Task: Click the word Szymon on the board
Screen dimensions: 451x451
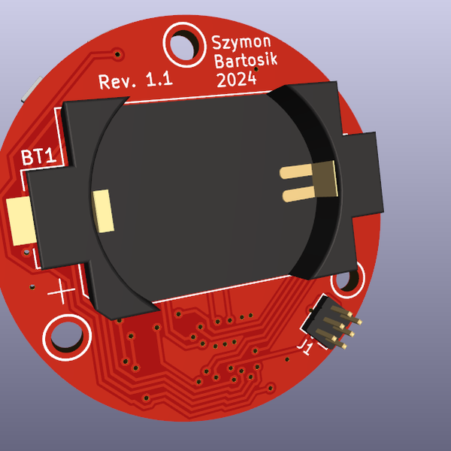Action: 241,43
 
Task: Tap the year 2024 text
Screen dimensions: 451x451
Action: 236,79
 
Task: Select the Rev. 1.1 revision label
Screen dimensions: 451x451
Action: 136,81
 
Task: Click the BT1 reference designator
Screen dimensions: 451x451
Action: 37,157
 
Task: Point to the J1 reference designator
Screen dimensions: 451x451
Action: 306,347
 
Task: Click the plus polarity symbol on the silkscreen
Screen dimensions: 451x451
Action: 61,291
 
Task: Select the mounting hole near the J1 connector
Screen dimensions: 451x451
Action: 347,280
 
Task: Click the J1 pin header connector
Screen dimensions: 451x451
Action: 330,322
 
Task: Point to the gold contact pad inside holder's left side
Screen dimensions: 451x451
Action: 102,210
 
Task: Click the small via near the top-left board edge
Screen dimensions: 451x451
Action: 117,53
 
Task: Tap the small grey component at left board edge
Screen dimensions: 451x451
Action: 27,91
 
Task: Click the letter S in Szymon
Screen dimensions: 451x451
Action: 217,44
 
